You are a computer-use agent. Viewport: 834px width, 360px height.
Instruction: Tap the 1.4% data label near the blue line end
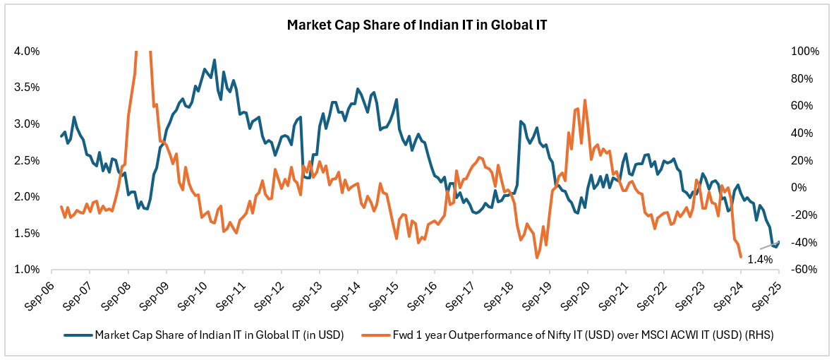point(760,259)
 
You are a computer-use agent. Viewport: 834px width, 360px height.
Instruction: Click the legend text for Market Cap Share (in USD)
point(219,335)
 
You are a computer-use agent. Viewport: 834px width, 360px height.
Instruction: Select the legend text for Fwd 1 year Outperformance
point(583,335)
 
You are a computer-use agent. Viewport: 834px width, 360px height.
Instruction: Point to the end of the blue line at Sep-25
point(778,241)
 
